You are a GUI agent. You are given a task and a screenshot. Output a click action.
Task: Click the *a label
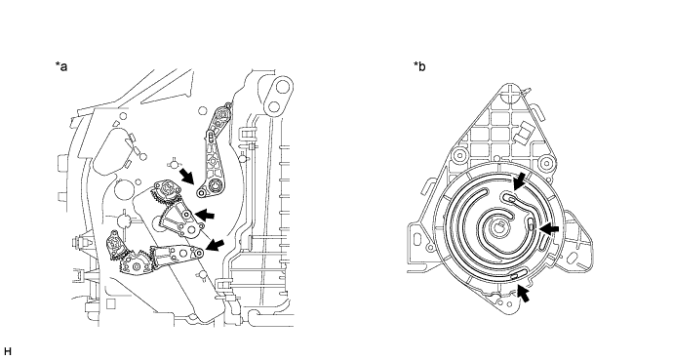click(60, 66)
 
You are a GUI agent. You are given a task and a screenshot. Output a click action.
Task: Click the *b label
click(419, 66)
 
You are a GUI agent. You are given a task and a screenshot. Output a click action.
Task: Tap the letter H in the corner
click(7, 352)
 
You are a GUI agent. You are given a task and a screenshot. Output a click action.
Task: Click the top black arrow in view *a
click(186, 176)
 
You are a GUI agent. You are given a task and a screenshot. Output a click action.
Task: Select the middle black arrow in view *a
click(204, 214)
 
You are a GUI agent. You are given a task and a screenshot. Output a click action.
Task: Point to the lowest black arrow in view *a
click(215, 246)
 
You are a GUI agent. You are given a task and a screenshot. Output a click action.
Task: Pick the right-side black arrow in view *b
click(549, 230)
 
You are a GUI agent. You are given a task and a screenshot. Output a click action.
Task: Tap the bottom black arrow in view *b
click(523, 294)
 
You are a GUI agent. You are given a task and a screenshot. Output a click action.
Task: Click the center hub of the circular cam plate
click(497, 227)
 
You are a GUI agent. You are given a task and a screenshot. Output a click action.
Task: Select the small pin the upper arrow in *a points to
click(201, 194)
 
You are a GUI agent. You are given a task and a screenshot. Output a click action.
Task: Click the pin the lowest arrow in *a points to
click(199, 253)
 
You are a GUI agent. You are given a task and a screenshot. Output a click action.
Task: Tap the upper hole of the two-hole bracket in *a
click(282, 87)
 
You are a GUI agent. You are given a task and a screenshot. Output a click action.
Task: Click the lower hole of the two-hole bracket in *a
click(274, 105)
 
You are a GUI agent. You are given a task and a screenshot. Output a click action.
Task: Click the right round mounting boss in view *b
click(546, 163)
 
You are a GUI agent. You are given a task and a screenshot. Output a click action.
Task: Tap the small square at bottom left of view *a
click(110, 303)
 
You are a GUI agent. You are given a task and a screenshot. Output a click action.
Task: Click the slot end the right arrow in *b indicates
click(532, 223)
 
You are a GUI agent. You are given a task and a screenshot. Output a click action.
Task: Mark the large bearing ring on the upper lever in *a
click(214, 186)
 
